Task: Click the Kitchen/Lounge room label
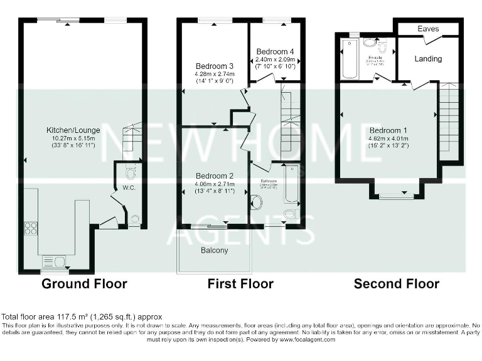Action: pos(73,130)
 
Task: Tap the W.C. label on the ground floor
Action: pos(129,187)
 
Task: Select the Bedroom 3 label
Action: pos(214,66)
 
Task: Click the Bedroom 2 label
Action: pos(214,175)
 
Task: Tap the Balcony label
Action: pos(215,250)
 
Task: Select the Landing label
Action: pos(429,58)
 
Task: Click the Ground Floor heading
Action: pos(84,284)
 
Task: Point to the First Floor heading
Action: pos(240,284)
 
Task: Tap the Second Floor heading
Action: pos(397,284)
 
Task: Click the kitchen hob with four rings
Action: pos(30,228)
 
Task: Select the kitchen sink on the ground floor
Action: pos(53,261)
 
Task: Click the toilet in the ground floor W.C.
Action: pos(131,172)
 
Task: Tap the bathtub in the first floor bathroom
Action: pos(291,185)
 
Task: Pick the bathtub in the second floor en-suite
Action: pos(348,60)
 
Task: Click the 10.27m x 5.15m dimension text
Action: pos(73,138)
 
